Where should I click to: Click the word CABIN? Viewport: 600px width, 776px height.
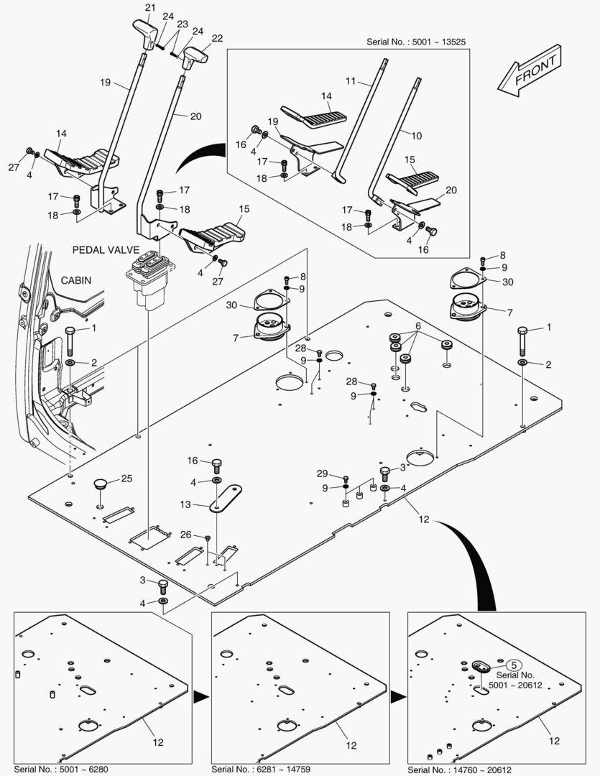(76, 280)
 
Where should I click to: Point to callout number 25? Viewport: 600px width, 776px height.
(126, 478)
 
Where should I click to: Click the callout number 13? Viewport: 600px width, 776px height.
(185, 505)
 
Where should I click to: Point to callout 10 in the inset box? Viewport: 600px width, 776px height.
(416, 134)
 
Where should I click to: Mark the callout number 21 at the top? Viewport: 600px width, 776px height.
(149, 8)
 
